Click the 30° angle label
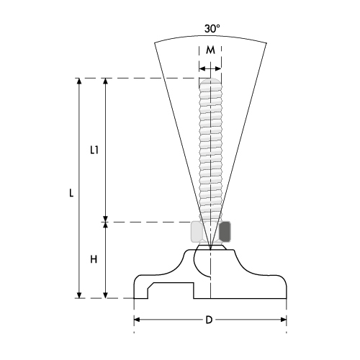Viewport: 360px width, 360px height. (212, 29)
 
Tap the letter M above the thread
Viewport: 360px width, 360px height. (210, 50)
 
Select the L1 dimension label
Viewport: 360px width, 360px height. (94, 150)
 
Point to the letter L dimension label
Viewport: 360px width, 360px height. (71, 193)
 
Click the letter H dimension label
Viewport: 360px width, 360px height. (94, 259)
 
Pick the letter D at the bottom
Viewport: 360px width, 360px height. (209, 320)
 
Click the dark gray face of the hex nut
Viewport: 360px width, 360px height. (225, 231)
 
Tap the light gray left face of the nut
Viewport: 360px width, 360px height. (197, 231)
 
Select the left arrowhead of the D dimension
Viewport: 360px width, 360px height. (137, 320)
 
